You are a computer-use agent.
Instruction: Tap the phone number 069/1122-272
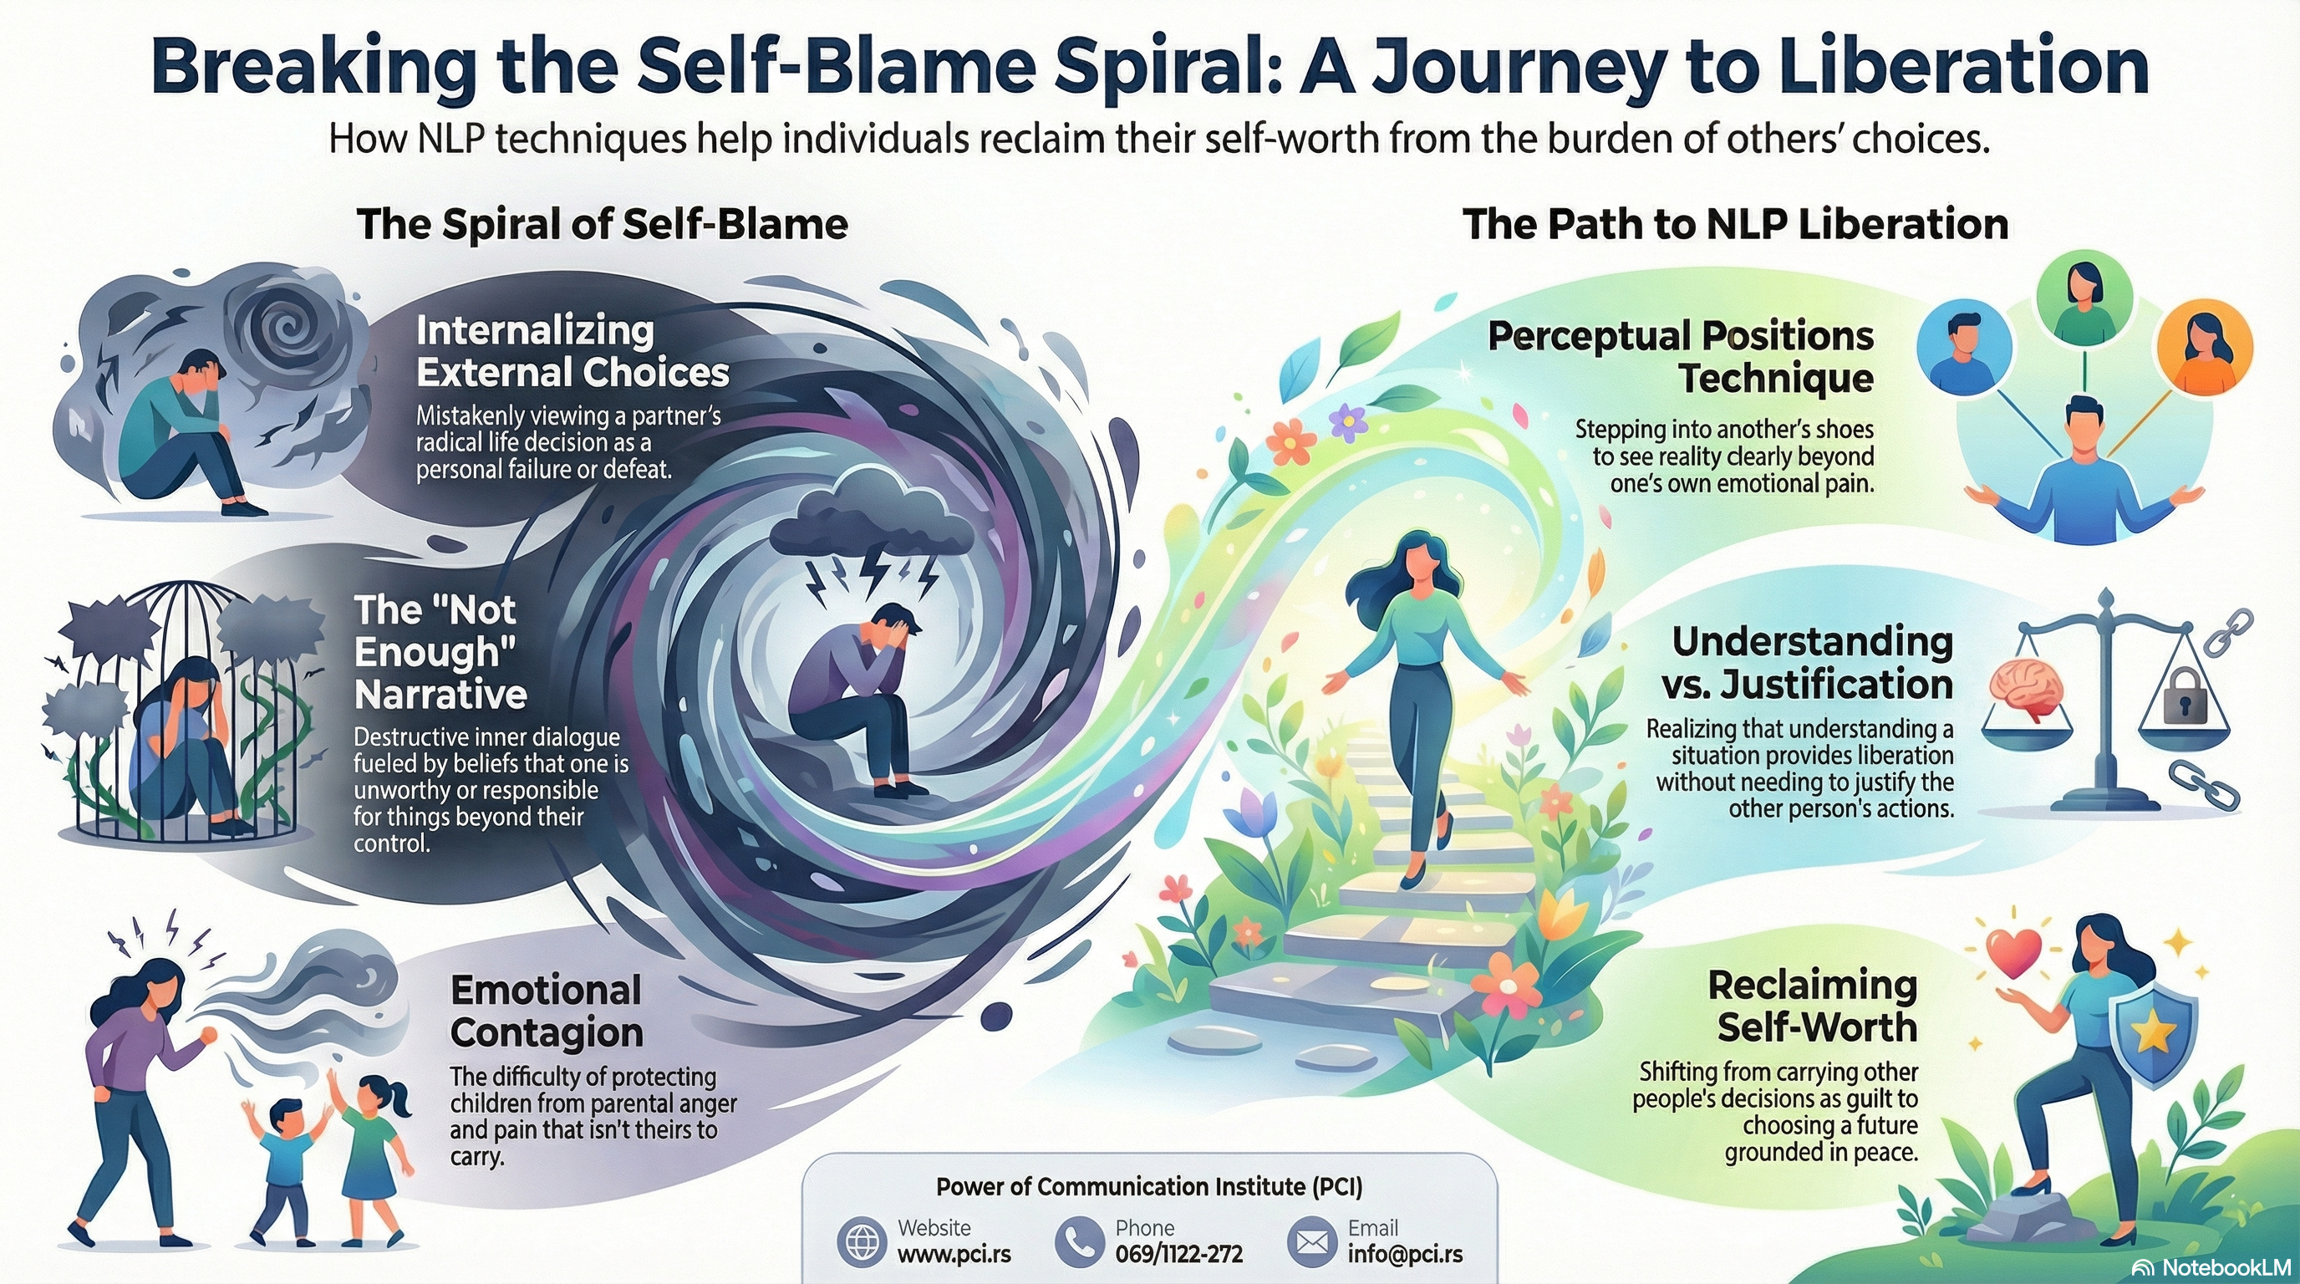point(1178,1255)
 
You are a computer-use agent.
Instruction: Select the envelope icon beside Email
point(1310,1242)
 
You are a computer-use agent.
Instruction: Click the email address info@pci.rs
point(1404,1255)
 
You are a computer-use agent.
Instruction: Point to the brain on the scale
point(2027,690)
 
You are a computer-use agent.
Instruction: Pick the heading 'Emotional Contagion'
point(547,1011)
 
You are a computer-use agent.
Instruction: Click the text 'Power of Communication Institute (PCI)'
point(1149,1187)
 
